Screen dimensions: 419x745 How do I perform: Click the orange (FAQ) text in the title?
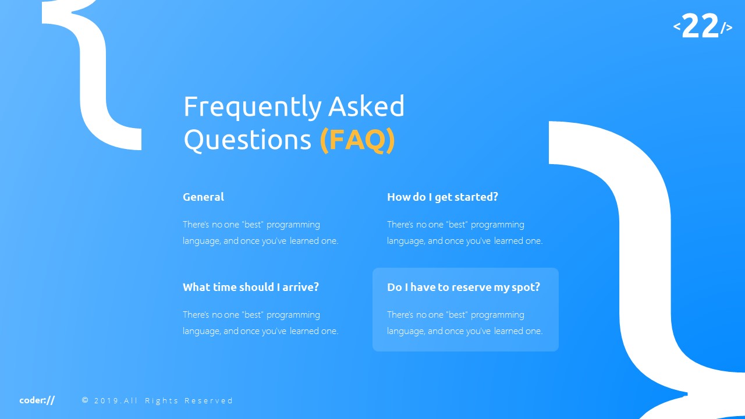[357, 140]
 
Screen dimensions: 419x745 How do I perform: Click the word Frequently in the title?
[252, 107]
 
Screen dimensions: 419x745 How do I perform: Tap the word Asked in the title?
[366, 106]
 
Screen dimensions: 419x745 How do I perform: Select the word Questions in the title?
[247, 140]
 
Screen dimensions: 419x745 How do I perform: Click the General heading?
[203, 197]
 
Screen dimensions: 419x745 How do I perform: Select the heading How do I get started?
[442, 197]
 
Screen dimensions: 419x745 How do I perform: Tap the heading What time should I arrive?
[251, 287]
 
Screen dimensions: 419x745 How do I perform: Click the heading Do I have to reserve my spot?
[463, 287]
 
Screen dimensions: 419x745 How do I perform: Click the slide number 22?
[700, 27]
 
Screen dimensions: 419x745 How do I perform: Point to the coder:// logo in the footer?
[37, 400]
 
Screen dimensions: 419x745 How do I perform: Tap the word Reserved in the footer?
[208, 400]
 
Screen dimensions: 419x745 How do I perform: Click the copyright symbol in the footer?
[86, 400]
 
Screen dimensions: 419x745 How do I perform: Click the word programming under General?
[293, 225]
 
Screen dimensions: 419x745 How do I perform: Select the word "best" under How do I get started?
[457, 225]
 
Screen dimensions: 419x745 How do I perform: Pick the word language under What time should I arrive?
[201, 331]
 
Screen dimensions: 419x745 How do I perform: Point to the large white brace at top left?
[96, 76]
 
